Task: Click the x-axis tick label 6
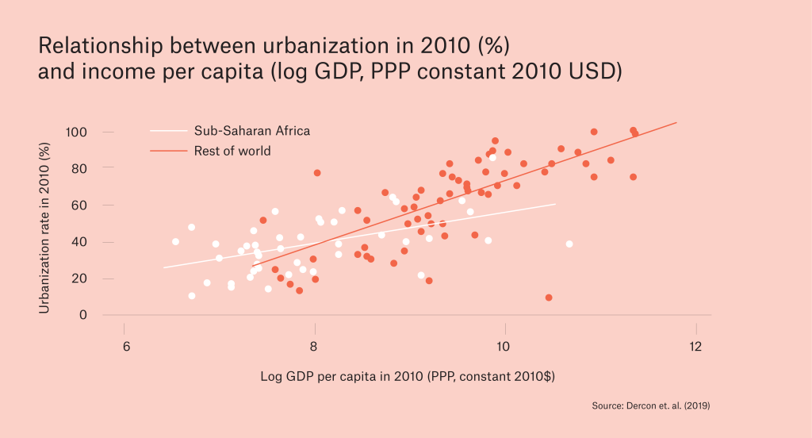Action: click(x=124, y=347)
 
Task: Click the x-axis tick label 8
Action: click(x=314, y=347)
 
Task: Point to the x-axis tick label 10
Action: click(x=503, y=347)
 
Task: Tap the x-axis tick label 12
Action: click(x=695, y=347)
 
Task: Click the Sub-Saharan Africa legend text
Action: click(x=251, y=131)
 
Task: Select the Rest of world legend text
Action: click(x=232, y=151)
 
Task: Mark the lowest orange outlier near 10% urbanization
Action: click(x=549, y=298)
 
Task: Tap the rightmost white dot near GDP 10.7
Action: click(x=569, y=244)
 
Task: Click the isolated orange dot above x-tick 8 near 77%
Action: click(x=317, y=172)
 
